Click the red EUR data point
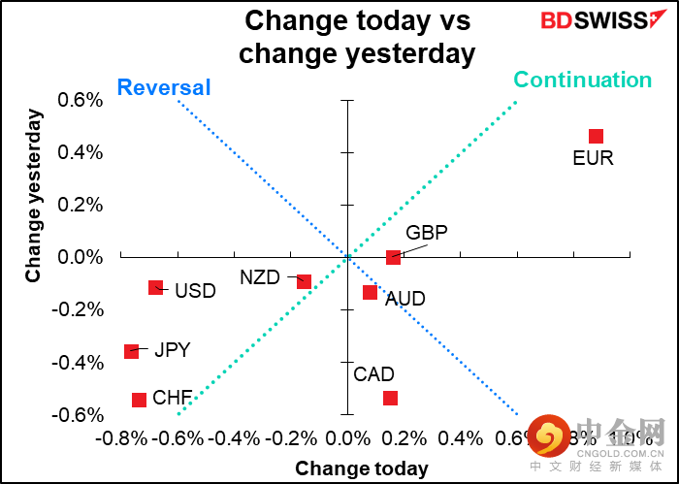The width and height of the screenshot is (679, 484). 596,137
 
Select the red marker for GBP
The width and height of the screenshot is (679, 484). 393,257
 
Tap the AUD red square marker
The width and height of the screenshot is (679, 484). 370,292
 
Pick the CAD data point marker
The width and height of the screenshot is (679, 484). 390,398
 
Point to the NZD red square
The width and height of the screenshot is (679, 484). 304,281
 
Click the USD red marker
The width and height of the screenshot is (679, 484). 155,287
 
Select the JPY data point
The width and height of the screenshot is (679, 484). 132,351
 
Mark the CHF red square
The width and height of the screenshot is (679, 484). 139,400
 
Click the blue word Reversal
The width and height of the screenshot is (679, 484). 163,88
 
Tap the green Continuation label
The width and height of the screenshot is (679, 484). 582,80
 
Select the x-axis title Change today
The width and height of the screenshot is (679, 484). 361,468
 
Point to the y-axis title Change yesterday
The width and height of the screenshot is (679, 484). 34,196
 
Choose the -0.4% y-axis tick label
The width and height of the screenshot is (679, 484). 80,363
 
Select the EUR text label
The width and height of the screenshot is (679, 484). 593,158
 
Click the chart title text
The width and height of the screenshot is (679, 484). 357,36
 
